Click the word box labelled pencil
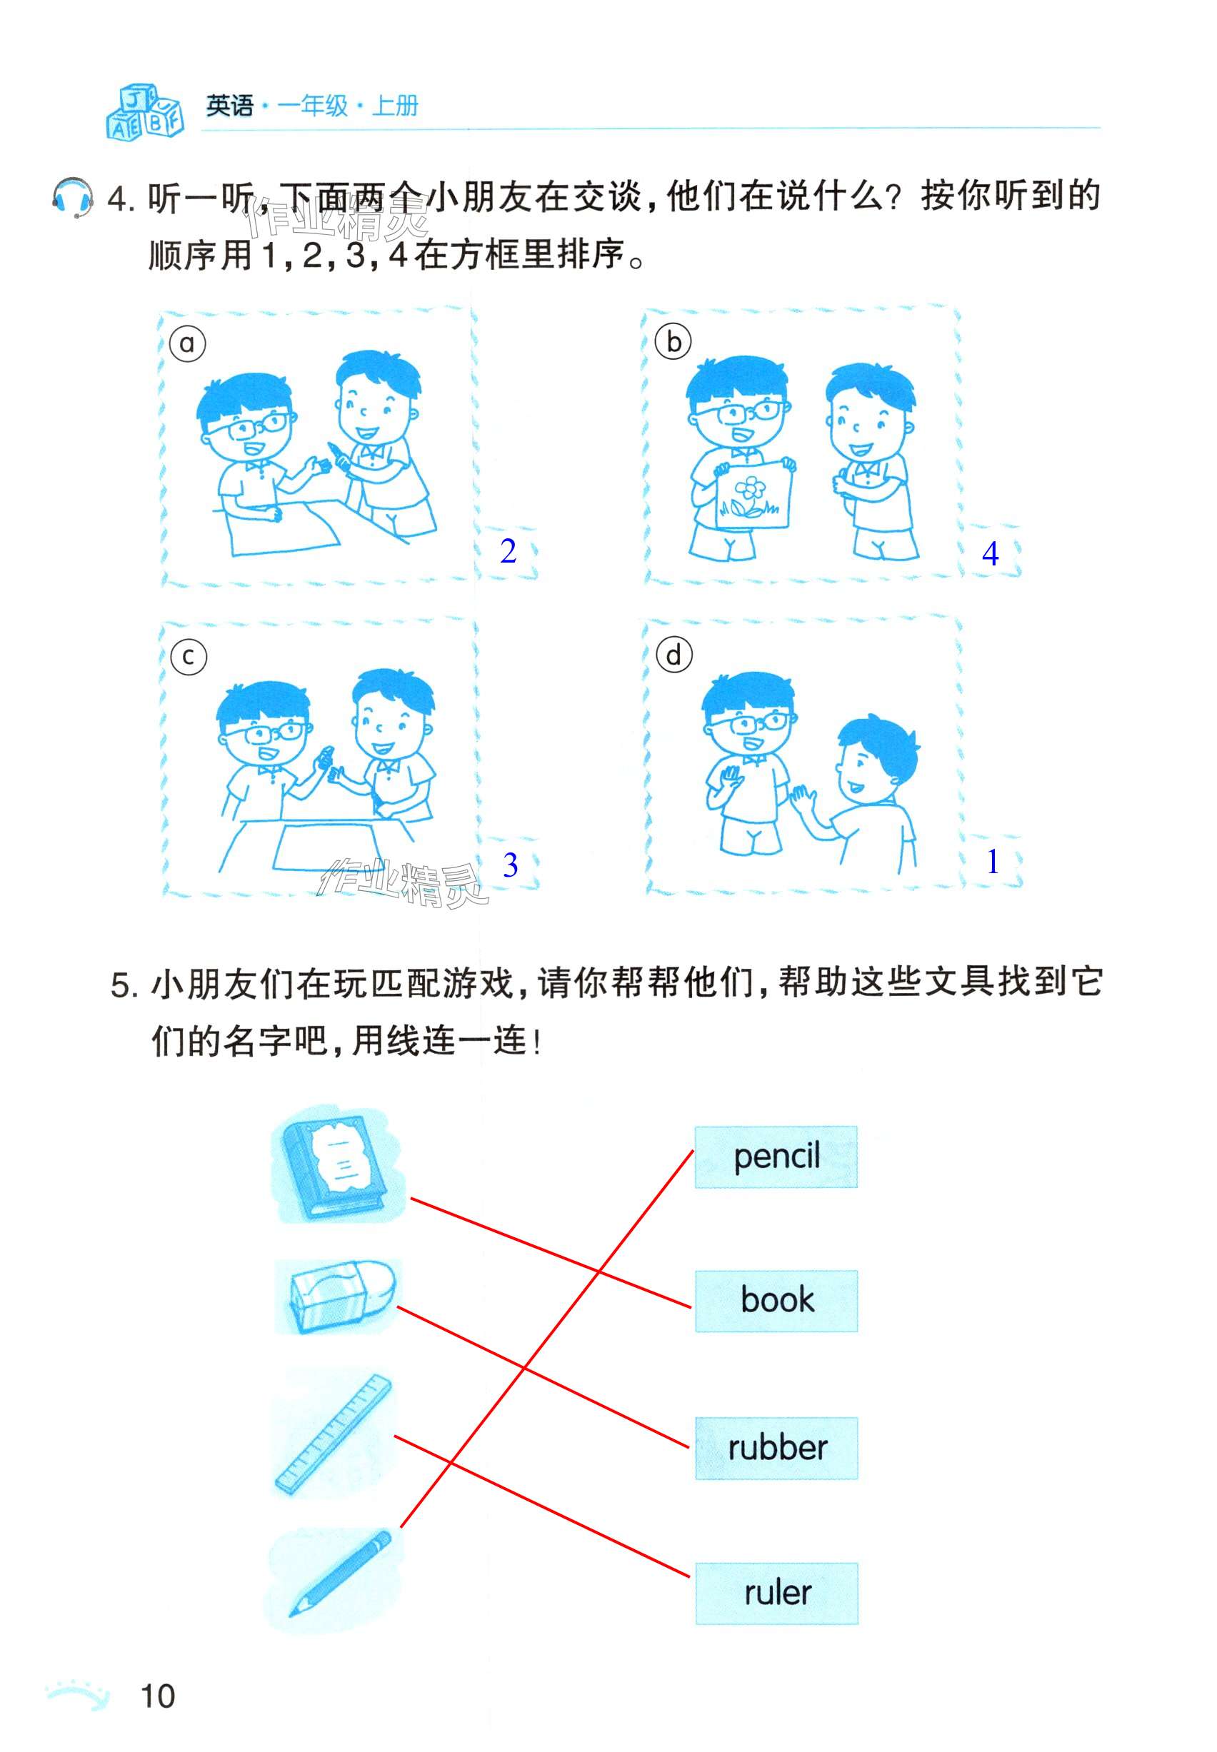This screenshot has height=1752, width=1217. pos(776,1157)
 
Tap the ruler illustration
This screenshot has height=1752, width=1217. pos(334,1433)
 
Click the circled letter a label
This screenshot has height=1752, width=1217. pos(187,343)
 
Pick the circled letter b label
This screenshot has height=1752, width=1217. pos(673,342)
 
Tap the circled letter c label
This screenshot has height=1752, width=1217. pos(189,656)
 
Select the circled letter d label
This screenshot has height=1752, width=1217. pos(674,655)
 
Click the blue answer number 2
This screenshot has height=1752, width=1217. pos(508,551)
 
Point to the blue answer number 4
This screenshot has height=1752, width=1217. pos(990,553)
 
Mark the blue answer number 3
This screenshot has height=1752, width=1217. pos(510,865)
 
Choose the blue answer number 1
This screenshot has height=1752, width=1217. pos(992,862)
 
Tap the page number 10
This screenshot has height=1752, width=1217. pos(158,1696)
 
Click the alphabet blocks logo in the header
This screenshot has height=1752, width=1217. pos(145,111)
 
